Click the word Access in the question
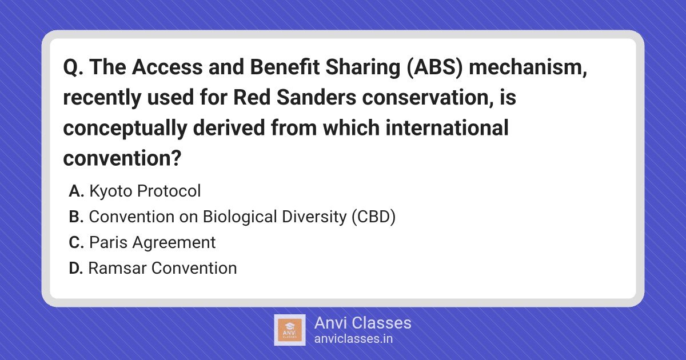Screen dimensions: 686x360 tap(167, 67)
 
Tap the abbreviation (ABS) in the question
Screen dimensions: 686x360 tap(434, 67)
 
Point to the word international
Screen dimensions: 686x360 tap(447, 127)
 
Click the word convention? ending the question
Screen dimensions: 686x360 tap(122, 158)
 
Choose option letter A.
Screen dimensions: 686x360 tap(76, 191)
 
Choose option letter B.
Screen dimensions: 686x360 tap(76, 217)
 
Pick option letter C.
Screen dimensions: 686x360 tap(76, 242)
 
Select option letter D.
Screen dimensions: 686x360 tap(76, 268)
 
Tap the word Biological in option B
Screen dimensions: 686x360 tap(240, 217)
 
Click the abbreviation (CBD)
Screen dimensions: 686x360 tap(374, 217)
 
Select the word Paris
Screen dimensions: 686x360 tap(109, 242)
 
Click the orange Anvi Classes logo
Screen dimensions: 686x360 tap(289, 330)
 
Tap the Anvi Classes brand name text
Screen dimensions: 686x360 tap(362, 323)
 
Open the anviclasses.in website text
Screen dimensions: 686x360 tap(353, 339)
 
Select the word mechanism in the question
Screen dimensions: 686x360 tap(527, 67)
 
